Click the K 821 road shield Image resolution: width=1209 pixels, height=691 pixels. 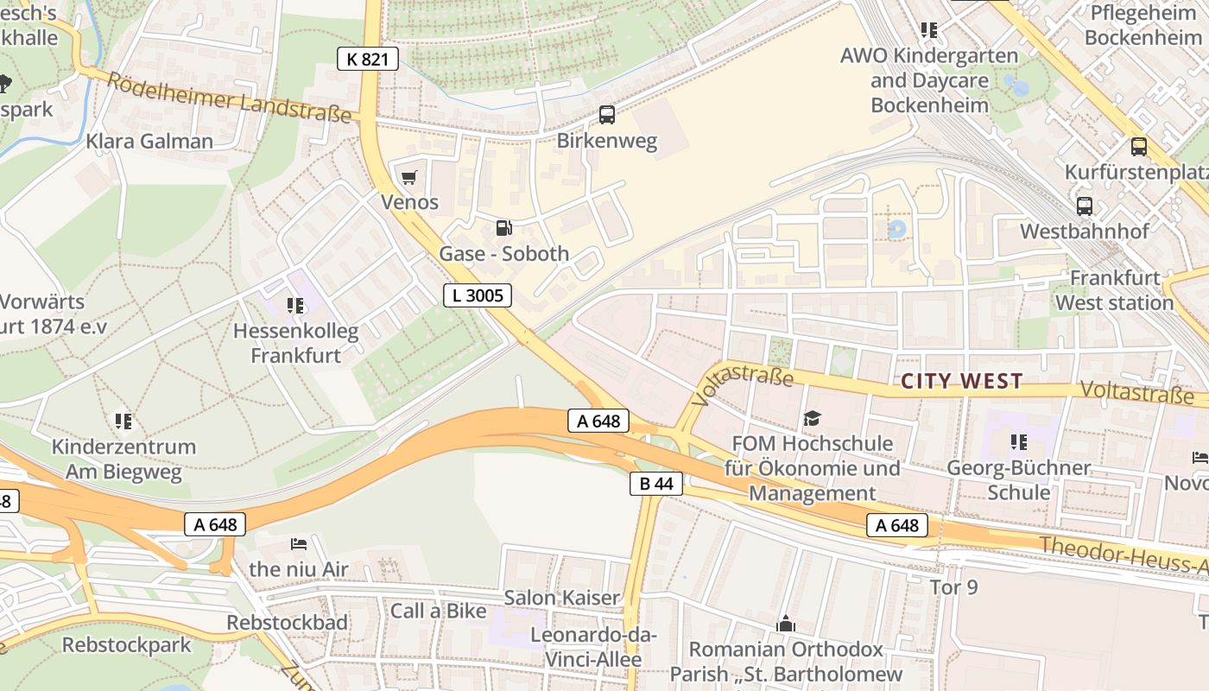point(367,59)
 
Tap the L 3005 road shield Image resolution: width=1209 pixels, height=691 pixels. point(478,295)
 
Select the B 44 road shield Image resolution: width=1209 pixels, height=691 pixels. point(655,484)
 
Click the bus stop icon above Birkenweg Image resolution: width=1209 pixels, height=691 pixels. point(607,115)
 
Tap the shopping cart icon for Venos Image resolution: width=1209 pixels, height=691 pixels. point(408,177)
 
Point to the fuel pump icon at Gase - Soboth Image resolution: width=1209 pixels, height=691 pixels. point(503,228)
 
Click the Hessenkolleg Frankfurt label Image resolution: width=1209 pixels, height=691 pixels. point(295,342)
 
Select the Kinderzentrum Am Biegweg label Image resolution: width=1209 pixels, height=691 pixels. point(123,459)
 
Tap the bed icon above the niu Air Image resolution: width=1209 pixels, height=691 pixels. point(299,544)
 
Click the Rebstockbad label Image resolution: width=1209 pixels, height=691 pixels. point(288,622)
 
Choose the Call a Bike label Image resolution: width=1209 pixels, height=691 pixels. point(438,611)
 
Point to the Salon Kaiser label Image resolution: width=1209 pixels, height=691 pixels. point(561,597)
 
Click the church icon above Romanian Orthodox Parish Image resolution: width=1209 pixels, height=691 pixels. point(785,624)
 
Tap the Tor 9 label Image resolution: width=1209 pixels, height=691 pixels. point(953,587)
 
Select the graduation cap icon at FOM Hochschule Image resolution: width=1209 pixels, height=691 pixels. point(812,419)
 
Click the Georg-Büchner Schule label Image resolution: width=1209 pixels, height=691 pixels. point(1019,479)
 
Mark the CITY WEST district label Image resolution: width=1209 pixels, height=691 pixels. point(961,381)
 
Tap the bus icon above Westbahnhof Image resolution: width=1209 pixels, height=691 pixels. point(1084,206)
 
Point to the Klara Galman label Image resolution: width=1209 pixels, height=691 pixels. point(149,141)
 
